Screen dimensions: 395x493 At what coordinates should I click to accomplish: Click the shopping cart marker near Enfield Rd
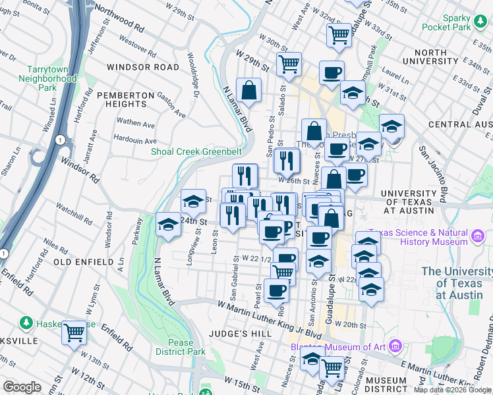pyautogui.click(x=74, y=331)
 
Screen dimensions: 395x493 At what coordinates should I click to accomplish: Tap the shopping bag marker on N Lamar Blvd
pyautogui.click(x=249, y=92)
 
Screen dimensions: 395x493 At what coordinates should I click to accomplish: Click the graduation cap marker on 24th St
pyautogui.click(x=169, y=225)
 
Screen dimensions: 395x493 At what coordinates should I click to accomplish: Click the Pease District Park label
pyautogui.click(x=175, y=347)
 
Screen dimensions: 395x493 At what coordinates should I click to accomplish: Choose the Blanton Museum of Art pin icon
pyautogui.click(x=395, y=346)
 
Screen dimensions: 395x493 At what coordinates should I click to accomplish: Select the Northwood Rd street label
pyautogui.click(x=119, y=18)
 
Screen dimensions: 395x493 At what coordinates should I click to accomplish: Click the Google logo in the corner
pyautogui.click(x=22, y=386)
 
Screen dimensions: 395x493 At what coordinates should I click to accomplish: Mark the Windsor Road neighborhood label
pyautogui.click(x=142, y=67)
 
